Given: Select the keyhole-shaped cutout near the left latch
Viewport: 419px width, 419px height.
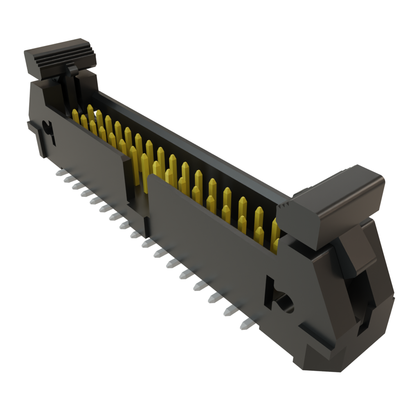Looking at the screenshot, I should click(49, 130).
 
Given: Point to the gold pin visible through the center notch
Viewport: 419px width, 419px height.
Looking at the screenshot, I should click(144, 172).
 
